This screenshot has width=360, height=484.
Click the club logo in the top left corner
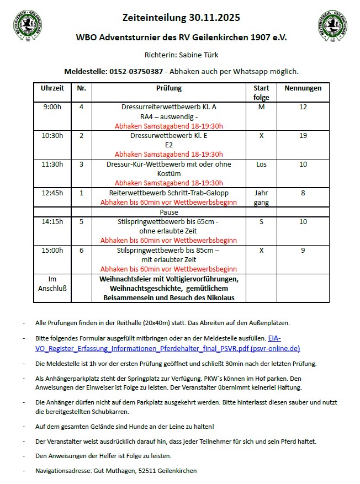click(x=26, y=24)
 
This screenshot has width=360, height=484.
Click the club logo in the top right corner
click(x=332, y=24)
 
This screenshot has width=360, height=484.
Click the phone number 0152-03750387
click(x=136, y=72)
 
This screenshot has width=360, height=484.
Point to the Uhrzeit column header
click(x=52, y=88)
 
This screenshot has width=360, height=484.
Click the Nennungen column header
click(x=303, y=88)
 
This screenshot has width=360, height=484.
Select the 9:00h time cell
click(x=52, y=107)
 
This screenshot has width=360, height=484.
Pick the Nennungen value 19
click(x=303, y=136)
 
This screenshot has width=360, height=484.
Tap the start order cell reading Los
click(x=261, y=164)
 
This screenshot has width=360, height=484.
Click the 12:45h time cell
click(x=52, y=193)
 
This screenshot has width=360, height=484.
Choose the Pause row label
click(x=168, y=212)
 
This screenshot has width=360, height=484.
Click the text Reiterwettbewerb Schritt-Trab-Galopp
click(x=168, y=193)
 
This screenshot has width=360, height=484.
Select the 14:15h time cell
click(x=52, y=222)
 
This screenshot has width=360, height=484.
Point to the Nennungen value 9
click(x=303, y=251)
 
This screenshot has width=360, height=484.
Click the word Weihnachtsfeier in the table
click(x=128, y=279)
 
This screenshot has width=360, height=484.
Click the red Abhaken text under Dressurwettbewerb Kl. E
click(x=168, y=154)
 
